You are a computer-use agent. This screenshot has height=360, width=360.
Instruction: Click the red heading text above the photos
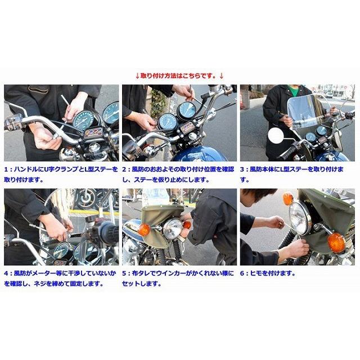pyautogui.click(x=179, y=75)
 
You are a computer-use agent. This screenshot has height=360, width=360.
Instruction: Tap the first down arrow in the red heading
pyautogui.click(x=137, y=75)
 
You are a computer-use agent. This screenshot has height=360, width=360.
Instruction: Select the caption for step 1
pyautogui.click(x=61, y=174)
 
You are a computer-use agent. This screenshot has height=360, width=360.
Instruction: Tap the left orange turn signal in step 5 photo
pyautogui.click(x=144, y=229)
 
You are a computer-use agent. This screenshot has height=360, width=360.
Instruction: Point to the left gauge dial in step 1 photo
pyautogui.click(x=85, y=120)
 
